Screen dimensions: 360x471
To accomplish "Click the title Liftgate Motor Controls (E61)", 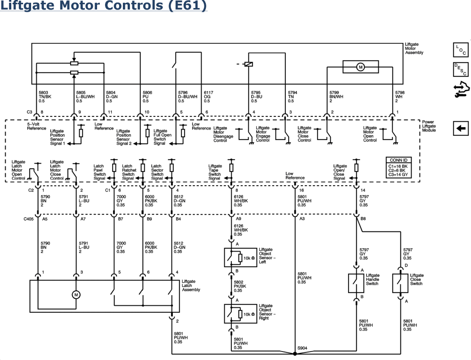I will coord(104,7).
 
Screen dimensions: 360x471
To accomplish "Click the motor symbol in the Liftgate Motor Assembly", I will coord(361,67).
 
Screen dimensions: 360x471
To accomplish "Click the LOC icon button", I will coord(460,49).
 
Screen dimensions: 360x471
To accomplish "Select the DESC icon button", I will coord(460,70).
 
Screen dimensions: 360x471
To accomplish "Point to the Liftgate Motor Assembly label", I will coord(414,49).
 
